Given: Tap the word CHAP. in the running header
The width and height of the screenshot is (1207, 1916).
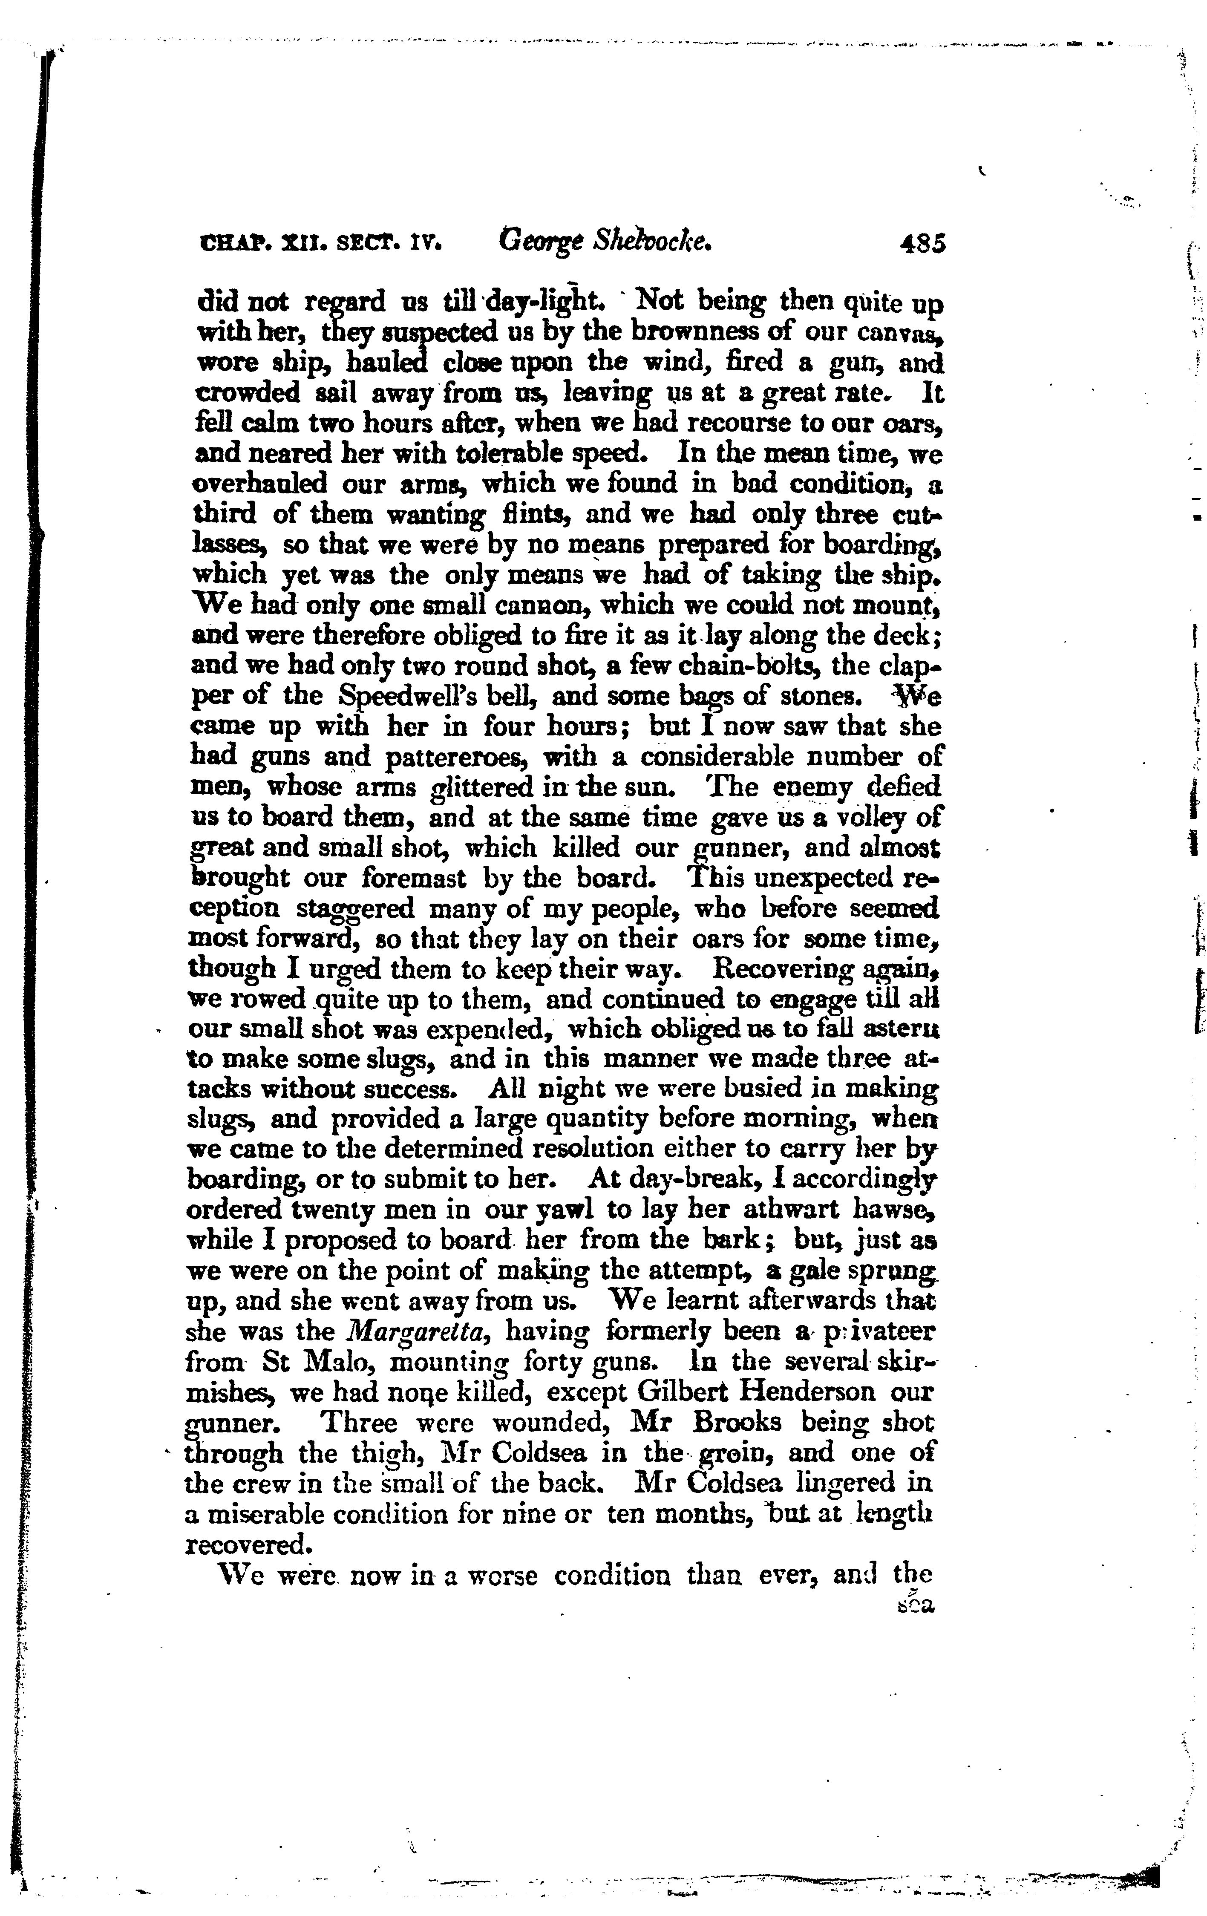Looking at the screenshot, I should pyautogui.click(x=231, y=242).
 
